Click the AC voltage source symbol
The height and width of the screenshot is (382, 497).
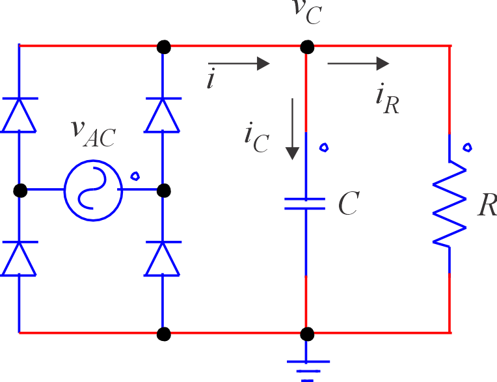coord(92,190)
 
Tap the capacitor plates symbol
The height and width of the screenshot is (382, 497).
coord(304,203)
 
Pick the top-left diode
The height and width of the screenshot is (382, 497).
coord(19,115)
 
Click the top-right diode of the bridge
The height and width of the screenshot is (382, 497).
coord(163,115)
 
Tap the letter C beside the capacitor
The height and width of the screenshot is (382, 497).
coord(349,204)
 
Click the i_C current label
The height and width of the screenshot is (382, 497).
coord(256,137)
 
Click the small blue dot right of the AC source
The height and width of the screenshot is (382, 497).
coord(135,175)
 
